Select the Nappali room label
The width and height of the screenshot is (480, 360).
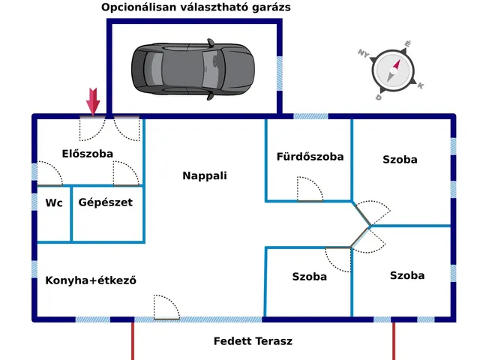click(204, 176)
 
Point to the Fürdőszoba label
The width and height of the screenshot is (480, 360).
click(310, 157)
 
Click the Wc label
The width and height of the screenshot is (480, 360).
click(54, 202)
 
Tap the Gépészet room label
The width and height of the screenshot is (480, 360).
click(106, 202)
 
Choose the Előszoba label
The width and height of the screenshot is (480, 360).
click(88, 154)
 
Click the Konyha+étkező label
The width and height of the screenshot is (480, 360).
click(91, 280)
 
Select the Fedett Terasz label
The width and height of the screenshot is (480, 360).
click(253, 341)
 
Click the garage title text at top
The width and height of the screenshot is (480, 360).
click(196, 7)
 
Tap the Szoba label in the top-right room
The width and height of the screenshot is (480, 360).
click(400, 160)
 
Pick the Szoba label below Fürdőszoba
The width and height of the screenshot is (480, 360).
click(309, 277)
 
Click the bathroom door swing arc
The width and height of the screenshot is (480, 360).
click(309, 188)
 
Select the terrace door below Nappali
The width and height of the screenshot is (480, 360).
click(166, 307)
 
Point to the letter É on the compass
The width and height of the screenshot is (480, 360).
click(407, 44)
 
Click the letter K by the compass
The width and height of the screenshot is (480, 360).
click(421, 86)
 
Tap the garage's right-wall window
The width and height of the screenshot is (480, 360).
click(280, 71)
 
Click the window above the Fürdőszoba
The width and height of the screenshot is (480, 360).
click(310, 116)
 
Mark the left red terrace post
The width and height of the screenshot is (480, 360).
click(133, 340)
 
